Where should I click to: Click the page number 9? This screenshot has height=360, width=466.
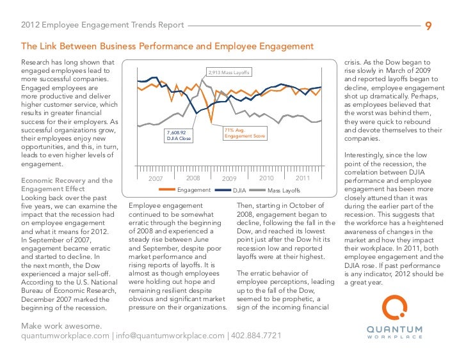[429, 26]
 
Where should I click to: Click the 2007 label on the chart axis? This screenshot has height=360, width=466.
[156, 179]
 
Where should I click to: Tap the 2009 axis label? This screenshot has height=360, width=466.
[229, 179]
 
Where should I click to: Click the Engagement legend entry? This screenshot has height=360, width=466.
[193, 191]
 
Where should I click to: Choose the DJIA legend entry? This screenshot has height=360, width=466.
[239, 191]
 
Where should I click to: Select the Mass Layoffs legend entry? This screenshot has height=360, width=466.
[282, 191]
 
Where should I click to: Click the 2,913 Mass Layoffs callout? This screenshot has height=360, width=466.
[229, 72]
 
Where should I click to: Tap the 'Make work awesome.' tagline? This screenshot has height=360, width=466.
[61, 326]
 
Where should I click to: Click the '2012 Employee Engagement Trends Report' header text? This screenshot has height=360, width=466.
[102, 26]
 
